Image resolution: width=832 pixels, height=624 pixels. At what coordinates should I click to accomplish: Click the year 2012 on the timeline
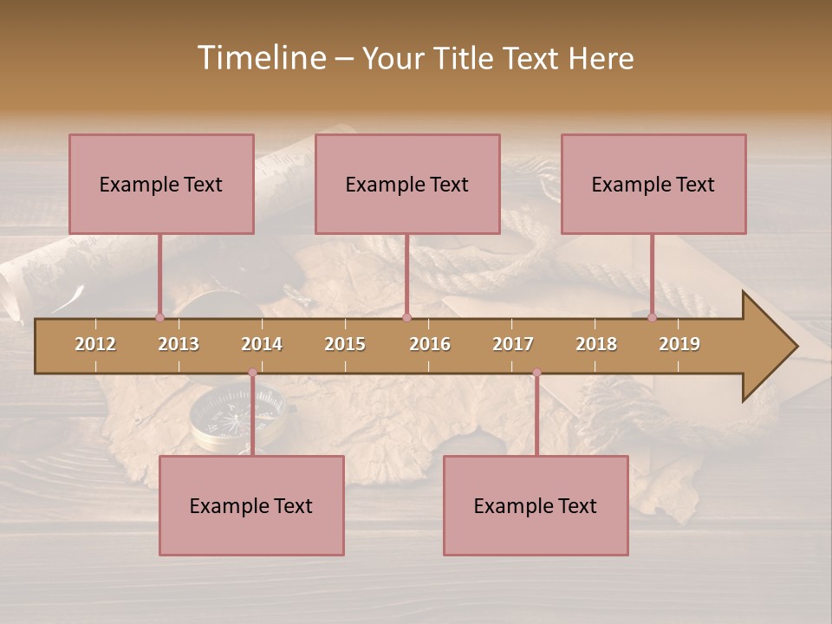point(95,344)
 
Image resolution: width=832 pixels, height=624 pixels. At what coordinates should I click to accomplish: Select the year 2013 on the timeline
point(179,344)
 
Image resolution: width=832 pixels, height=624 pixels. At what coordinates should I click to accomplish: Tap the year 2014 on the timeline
point(262,344)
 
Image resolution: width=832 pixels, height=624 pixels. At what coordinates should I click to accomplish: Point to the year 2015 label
point(345,344)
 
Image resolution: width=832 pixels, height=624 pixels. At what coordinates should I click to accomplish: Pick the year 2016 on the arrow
point(430,344)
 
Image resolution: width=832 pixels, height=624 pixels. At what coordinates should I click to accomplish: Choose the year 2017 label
point(513,344)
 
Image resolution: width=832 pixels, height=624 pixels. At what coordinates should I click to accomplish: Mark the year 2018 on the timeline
point(596,344)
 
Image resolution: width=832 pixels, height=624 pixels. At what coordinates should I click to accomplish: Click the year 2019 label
point(679,344)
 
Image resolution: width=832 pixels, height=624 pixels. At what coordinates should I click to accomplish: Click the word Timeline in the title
point(259,58)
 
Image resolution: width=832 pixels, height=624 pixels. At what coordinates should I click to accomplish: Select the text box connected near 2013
point(161,184)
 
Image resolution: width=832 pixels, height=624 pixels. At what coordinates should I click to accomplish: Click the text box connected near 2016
point(407,184)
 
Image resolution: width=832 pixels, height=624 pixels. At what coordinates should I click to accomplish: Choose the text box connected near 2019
point(653,184)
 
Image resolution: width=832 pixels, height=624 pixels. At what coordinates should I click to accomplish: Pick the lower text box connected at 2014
point(251,505)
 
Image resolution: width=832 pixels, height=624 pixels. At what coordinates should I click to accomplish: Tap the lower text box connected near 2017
point(536,505)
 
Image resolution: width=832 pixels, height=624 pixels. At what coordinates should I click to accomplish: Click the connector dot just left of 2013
point(159,317)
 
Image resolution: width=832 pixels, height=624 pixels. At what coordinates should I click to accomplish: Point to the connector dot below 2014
point(252,373)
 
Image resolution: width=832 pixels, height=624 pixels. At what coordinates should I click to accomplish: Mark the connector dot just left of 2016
point(406,317)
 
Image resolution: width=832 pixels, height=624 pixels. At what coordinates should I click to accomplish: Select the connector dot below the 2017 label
point(536,373)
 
